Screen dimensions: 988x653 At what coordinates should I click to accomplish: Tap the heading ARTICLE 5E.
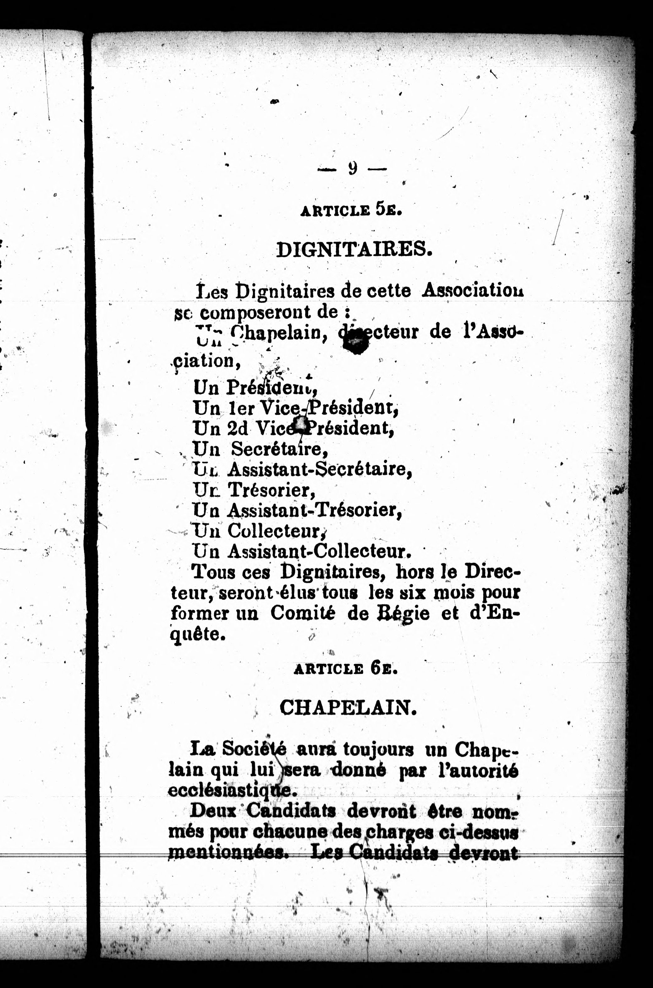click(x=351, y=210)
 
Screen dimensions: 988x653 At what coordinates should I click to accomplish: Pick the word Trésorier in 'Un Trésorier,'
click(x=271, y=490)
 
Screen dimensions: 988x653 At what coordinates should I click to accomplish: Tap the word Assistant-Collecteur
click(x=319, y=552)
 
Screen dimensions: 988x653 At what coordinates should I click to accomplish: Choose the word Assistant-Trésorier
click(x=315, y=510)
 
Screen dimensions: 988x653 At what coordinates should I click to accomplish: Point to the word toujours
click(x=378, y=749)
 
